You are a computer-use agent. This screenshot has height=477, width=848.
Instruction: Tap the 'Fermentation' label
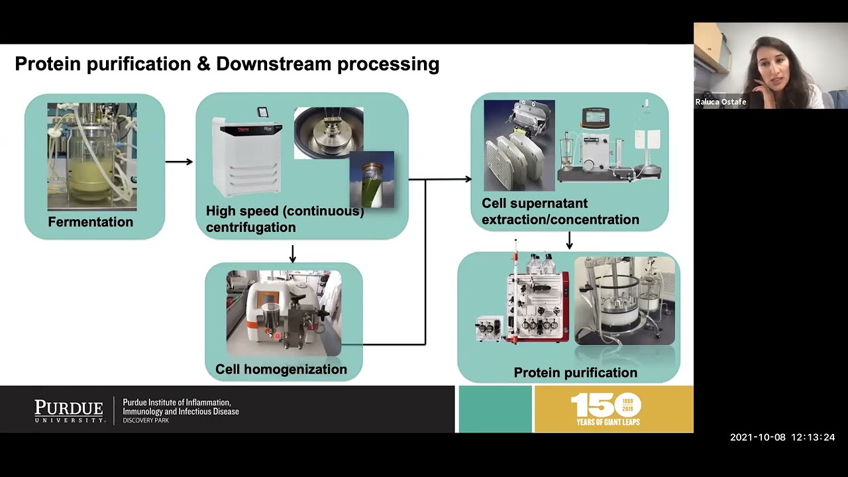91,222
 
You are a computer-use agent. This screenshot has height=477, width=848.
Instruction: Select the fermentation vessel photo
92,156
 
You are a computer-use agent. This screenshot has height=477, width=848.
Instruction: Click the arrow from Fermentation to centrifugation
179,161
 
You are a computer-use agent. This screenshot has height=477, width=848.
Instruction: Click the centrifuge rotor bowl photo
329,132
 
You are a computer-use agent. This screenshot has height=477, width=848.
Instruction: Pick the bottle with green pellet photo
372,180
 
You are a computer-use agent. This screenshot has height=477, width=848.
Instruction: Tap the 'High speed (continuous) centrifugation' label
285,219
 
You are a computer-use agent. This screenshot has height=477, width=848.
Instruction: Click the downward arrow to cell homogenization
292,253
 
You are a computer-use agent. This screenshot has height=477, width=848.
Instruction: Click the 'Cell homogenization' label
281,369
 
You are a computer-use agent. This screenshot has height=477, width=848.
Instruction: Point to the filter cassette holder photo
519,145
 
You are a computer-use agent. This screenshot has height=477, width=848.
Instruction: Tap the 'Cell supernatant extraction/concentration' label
560,211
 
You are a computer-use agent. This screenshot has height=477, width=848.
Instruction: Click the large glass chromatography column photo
624,301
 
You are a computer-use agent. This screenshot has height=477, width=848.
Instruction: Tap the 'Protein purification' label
575,373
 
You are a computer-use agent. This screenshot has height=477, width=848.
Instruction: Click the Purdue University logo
70,411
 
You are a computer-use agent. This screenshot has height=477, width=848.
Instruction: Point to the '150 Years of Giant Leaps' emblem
608,409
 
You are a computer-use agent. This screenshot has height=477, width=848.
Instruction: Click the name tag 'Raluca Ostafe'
721,102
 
